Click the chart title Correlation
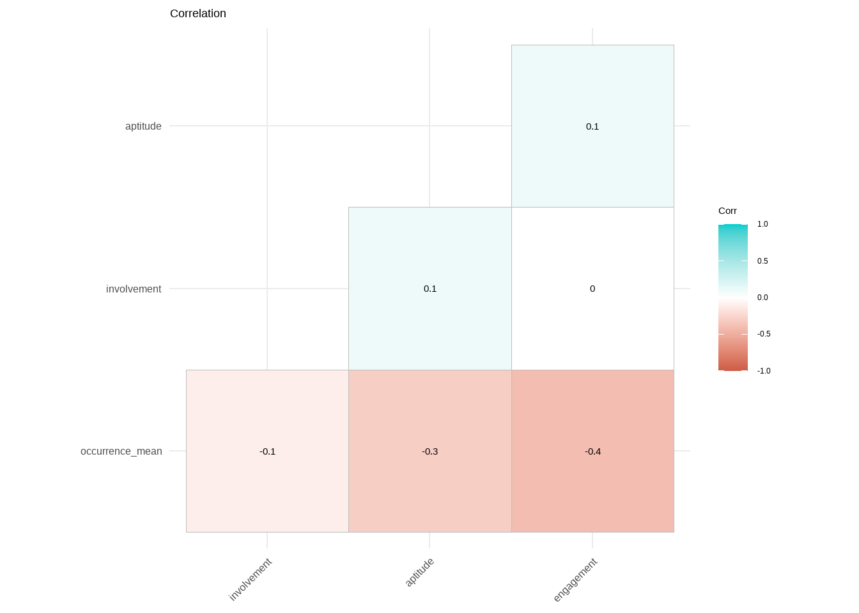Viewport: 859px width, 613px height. tap(197, 13)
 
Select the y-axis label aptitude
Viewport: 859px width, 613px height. tap(143, 126)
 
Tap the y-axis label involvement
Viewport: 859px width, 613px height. tap(134, 289)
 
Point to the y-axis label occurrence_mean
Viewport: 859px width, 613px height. tap(121, 451)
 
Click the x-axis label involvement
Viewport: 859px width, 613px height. tap(251, 579)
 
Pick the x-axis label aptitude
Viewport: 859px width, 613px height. tap(420, 572)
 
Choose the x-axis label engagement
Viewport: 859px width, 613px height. tap(575, 580)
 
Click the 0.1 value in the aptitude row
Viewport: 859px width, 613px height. tap(592, 126)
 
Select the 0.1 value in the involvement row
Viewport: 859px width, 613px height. tap(430, 289)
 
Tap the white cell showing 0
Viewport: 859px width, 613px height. tap(592, 289)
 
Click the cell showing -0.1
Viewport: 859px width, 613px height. tap(267, 451)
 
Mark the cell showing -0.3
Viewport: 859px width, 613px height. tap(430, 451)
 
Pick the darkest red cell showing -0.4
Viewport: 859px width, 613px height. tap(592, 451)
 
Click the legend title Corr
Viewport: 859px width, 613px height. tap(727, 211)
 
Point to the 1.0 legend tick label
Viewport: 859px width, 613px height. tap(762, 224)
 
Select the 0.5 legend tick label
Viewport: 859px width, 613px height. tap(762, 261)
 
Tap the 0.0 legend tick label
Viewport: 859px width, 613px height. tap(762, 298)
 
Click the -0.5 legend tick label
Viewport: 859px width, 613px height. tap(764, 334)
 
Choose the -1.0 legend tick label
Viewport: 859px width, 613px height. tap(764, 371)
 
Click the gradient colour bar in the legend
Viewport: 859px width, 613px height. tap(732, 298)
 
